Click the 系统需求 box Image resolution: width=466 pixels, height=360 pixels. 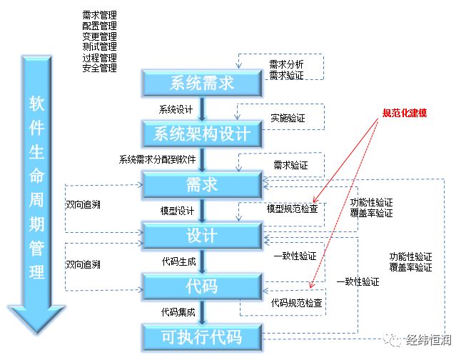pyautogui.click(x=202, y=83)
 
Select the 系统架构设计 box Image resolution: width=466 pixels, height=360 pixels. pyautogui.click(x=202, y=134)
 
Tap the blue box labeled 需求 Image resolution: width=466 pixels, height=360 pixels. pyautogui.click(x=202, y=184)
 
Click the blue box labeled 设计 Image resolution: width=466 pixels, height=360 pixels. pyautogui.click(x=202, y=235)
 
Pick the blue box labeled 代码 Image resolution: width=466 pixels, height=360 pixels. pyautogui.click(x=202, y=286)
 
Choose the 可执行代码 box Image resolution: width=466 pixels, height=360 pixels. pyautogui.click(x=202, y=337)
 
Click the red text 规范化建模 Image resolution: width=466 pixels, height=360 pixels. pyautogui.click(x=404, y=113)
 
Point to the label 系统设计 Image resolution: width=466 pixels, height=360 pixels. pyautogui.click(x=176, y=109)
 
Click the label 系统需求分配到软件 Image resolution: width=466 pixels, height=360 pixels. pyautogui.click(x=157, y=159)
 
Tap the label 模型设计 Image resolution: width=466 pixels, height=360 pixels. pyautogui.click(x=177, y=211)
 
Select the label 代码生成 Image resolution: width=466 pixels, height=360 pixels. pyautogui.click(x=178, y=261)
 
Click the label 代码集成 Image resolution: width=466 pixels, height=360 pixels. pyautogui.click(x=178, y=312)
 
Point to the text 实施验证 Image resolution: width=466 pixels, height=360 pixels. pyautogui.click(x=288, y=118)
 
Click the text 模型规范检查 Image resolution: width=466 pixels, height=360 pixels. pyautogui.click(x=293, y=209)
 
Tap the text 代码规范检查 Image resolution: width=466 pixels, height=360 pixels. pyautogui.click(x=297, y=303)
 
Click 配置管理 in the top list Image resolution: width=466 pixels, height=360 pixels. pyautogui.click(x=100, y=26)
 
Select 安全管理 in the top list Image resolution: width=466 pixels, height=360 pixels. pyautogui.click(x=100, y=68)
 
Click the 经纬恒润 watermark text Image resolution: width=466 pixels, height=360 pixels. pyautogui.click(x=429, y=340)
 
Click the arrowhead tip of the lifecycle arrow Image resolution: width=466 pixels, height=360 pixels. pyautogui.click(x=37, y=334)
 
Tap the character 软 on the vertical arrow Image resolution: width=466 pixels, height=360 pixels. pyautogui.click(x=37, y=104)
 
